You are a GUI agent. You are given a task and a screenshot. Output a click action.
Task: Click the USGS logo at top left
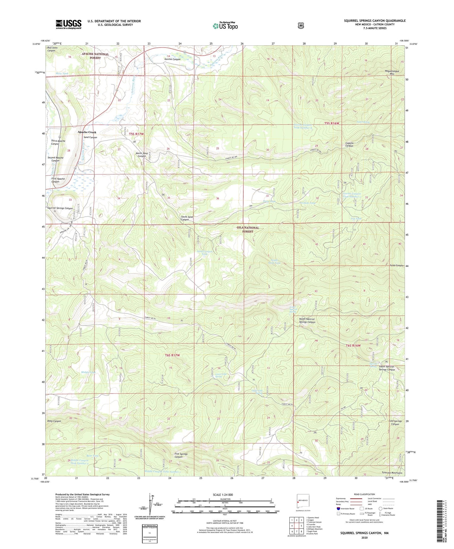[68, 24]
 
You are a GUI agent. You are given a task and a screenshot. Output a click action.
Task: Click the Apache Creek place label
[87, 132]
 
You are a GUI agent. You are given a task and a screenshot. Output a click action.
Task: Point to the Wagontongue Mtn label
[392, 73]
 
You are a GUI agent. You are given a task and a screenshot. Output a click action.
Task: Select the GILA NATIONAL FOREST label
[248, 230]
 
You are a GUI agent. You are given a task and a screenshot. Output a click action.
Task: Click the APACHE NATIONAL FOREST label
[95, 56]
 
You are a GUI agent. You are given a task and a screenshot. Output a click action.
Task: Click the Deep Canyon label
[54, 421]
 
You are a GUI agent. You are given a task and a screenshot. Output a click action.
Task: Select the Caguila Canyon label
[349, 145]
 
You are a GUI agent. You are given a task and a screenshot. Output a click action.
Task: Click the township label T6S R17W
[172, 355]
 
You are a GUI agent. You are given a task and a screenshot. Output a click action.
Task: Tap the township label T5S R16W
[331, 124]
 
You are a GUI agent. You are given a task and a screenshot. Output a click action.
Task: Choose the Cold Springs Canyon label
[395, 423]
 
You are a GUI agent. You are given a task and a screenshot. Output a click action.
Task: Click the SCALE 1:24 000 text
[223, 495]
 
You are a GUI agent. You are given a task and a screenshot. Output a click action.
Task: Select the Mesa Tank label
[62, 74]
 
